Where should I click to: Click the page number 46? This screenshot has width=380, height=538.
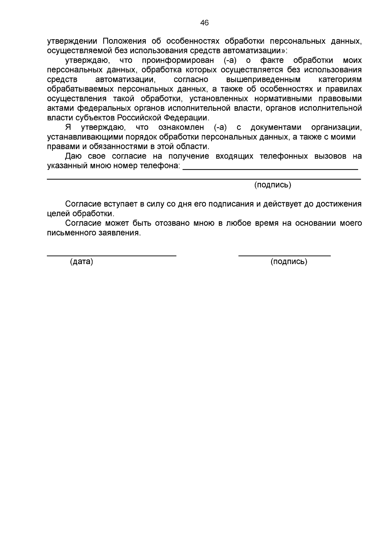pyautogui.click(x=205, y=23)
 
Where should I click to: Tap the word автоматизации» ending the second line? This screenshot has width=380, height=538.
pyautogui.click(x=255, y=51)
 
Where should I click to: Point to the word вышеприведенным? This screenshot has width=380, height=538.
pyautogui.click(x=263, y=80)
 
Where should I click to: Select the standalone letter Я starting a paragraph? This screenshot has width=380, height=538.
pyautogui.click(x=68, y=128)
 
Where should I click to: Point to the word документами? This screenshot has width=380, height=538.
pyautogui.click(x=276, y=128)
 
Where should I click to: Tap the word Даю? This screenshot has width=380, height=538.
pyautogui.click(x=73, y=156)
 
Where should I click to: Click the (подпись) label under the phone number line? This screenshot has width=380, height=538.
pyautogui.click(x=273, y=185)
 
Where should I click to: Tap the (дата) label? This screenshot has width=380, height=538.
pyautogui.click(x=81, y=262)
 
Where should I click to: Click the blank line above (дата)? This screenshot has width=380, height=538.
pyautogui.click(x=111, y=255)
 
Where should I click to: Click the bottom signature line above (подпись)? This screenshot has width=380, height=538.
pyautogui.click(x=284, y=255)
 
